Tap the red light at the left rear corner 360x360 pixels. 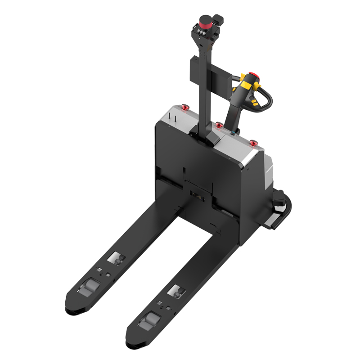tap(185, 107)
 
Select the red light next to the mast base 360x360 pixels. tap(219, 125)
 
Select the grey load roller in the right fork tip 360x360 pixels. tap(148, 322)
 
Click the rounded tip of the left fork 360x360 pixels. tap(74, 310)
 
